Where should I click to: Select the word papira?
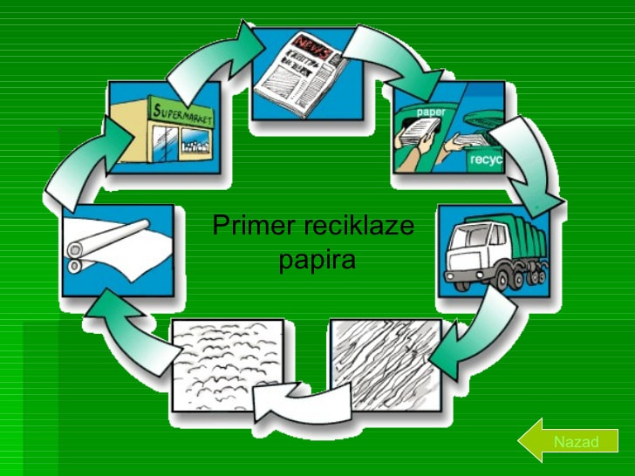(317, 260)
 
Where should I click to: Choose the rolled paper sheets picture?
(118, 249)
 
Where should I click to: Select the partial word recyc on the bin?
(485, 160)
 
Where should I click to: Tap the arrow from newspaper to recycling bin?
(398, 57)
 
